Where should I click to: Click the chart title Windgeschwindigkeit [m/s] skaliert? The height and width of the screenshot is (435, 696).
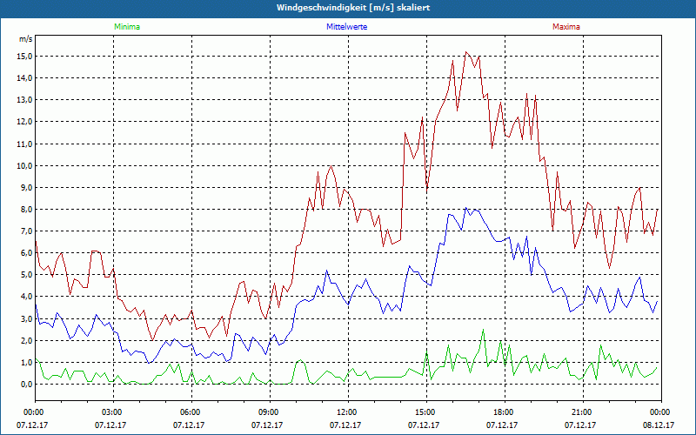point(348,8)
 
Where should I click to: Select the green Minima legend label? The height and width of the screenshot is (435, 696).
point(126,27)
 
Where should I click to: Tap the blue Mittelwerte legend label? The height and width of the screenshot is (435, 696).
point(346,27)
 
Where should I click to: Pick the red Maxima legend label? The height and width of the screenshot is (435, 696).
point(565,27)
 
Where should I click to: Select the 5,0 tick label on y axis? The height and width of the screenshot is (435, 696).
point(24,275)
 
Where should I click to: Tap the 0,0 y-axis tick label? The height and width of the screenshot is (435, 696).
point(24,384)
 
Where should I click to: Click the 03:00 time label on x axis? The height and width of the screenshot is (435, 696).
point(112,412)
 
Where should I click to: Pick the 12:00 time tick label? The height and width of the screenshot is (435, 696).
point(346,412)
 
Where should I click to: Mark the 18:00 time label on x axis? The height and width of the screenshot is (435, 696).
point(503,412)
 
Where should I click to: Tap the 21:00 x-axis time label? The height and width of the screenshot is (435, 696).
point(581,412)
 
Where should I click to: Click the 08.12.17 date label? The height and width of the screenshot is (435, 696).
point(659,425)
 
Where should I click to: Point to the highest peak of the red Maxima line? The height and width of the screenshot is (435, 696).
point(466,51)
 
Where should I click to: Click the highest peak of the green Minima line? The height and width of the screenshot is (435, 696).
point(484,330)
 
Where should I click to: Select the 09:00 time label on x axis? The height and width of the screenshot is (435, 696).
point(269,412)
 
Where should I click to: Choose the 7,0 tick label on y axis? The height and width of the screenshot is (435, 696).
point(24,231)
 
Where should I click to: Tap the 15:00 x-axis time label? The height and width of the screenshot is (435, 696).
point(425,412)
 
